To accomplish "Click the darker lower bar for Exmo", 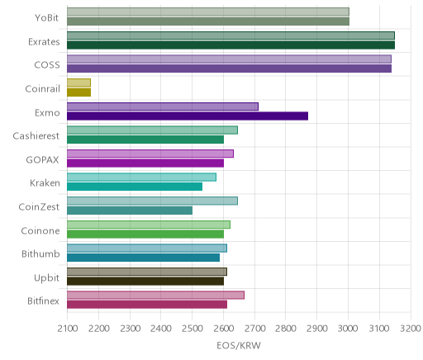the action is (x=188, y=116).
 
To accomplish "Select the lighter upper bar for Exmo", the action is (x=163, y=107).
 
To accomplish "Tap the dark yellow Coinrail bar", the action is (x=78, y=92).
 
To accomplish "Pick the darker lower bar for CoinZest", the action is (x=130, y=211).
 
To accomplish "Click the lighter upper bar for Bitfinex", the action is (x=155, y=295).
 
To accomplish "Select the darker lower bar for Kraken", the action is (x=135, y=187).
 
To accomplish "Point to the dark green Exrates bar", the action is (x=231, y=45).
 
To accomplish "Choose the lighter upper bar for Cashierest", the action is (x=152, y=130).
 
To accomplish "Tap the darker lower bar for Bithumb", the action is (x=143, y=258).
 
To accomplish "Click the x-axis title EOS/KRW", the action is (x=239, y=346).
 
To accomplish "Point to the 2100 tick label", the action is (x=68, y=329).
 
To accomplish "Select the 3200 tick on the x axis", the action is (x=411, y=329).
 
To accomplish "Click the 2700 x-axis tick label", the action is (x=254, y=329).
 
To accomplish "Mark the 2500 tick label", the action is (x=192, y=329).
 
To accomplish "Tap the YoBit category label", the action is (x=46, y=18).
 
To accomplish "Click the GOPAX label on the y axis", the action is (x=42, y=160).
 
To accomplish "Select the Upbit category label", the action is (x=46, y=277).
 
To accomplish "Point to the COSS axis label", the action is (x=47, y=65).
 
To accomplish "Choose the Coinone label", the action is (x=40, y=230).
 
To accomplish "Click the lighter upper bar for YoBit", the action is (x=208, y=12).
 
